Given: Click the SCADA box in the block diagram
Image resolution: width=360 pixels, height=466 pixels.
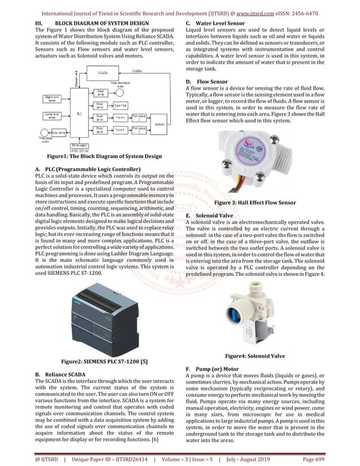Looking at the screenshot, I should (x=103, y=73).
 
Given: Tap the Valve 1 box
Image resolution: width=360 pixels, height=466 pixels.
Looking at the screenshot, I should (x=120, y=117).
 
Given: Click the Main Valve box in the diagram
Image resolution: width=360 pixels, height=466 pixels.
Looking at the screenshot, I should (x=120, y=105).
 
